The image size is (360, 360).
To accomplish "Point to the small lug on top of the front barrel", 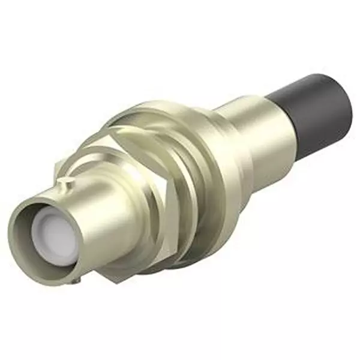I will [67, 180].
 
